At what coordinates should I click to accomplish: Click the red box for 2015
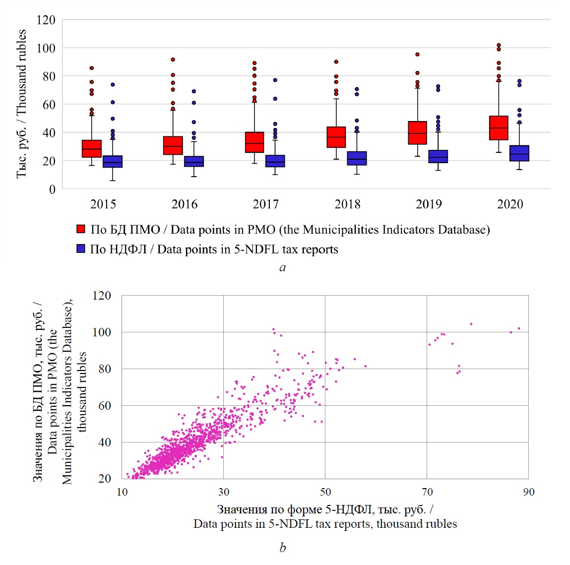pyautogui.click(x=92, y=149)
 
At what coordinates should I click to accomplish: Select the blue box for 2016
pyautogui.click(x=194, y=161)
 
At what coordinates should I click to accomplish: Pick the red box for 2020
pyautogui.click(x=499, y=128)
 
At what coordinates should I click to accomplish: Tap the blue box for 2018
pyautogui.click(x=357, y=158)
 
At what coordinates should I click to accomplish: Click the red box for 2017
pyautogui.click(x=254, y=142)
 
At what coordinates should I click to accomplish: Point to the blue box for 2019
pyautogui.click(x=438, y=156)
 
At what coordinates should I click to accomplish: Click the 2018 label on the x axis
pyautogui.click(x=347, y=204)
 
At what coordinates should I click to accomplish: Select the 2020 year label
pyautogui.click(x=510, y=204)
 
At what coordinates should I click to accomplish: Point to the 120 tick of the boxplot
pyautogui.click(x=46, y=20)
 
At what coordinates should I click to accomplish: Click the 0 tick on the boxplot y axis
pyautogui.click(x=52, y=189)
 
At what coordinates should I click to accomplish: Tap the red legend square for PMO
pyautogui.click(x=81, y=229)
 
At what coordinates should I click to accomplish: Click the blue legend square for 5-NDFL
pyautogui.click(x=81, y=249)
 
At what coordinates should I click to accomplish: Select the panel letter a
pyautogui.click(x=283, y=268)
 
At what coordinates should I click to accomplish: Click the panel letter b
pyautogui.click(x=283, y=548)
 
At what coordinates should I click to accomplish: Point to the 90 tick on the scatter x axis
pyautogui.click(x=529, y=492)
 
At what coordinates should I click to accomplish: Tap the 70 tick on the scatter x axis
pyautogui.click(x=427, y=492)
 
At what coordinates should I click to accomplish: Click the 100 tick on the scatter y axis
pyautogui.click(x=102, y=332)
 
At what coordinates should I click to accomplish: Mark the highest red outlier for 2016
pyautogui.click(x=173, y=60)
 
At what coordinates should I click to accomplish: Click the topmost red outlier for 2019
pyautogui.click(x=417, y=55)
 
